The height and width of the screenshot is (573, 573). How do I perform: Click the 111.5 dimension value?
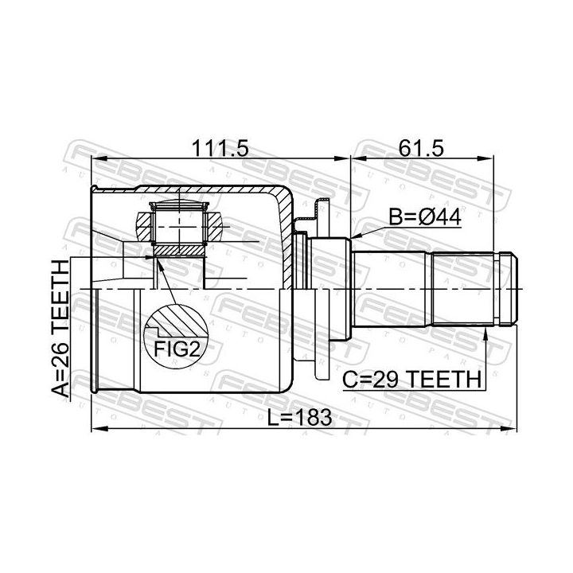pos(220,148)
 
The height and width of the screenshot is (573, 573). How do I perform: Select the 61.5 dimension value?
pos(421,148)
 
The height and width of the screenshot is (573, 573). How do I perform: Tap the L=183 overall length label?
pos(300,417)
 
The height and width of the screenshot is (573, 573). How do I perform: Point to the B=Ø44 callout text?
pos(425,218)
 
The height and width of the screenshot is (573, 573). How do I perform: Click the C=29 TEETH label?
pos(412,380)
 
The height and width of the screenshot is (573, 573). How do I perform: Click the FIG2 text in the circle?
pos(177,349)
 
